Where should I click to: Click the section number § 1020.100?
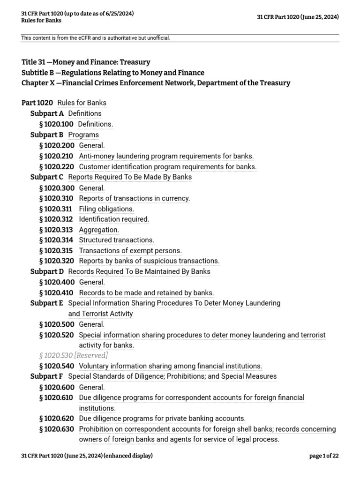pyautogui.click(x=57, y=124)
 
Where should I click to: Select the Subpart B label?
pyautogui.click(x=47, y=135)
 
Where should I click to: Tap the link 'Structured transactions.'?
pyautogui.click(x=116, y=240)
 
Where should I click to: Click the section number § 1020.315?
pyautogui.click(x=57, y=251)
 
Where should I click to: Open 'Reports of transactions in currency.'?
pyautogui.click(x=135, y=198)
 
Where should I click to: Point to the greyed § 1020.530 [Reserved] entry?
pyautogui.click(x=74, y=355)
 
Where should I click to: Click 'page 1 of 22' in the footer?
pyautogui.click(x=324, y=456)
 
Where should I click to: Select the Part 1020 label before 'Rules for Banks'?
pyautogui.click(x=37, y=103)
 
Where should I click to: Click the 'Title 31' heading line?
pyautogui.click(x=86, y=62)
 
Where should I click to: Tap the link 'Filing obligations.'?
pyautogui.click(x=106, y=209)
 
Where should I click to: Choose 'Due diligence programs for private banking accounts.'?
pyautogui.click(x=162, y=418)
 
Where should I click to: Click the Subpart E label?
pyautogui.click(x=46, y=303)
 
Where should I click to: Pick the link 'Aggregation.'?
pyautogui.click(x=99, y=230)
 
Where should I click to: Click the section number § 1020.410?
pyautogui.click(x=57, y=293)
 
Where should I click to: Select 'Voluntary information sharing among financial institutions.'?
pyautogui.click(x=171, y=366)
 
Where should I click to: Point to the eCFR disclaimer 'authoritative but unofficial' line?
pyautogui.click(x=96, y=38)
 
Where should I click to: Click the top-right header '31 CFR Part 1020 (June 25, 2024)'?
pyautogui.click(x=298, y=17)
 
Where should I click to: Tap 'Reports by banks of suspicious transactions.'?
pyautogui.click(x=149, y=261)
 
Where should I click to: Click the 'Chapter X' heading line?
pyautogui.click(x=156, y=83)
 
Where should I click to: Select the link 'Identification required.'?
pyautogui.click(x=114, y=219)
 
